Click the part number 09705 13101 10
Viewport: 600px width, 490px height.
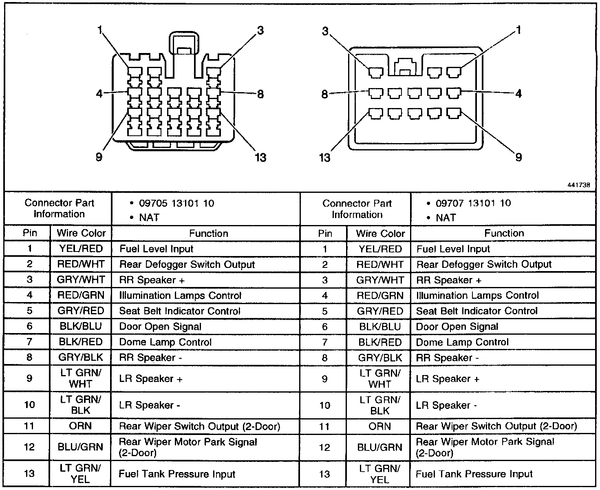(176, 203)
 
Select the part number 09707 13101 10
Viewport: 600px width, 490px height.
(473, 203)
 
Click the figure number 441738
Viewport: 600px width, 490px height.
(578, 184)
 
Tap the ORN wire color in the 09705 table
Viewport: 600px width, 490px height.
(81, 426)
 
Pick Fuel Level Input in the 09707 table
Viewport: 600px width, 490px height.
(453, 249)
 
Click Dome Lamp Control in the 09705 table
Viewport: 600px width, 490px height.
(165, 342)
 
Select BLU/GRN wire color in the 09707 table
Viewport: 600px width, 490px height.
(380, 447)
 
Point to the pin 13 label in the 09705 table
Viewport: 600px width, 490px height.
(29, 474)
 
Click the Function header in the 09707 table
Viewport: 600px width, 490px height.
(504, 233)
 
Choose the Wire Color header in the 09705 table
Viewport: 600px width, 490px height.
(81, 233)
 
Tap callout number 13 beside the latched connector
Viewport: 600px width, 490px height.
(260, 157)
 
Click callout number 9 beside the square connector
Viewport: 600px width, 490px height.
(518, 157)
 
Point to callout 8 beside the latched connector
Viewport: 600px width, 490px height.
(260, 94)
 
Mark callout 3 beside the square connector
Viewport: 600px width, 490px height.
(325, 31)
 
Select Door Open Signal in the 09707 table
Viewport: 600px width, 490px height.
(457, 327)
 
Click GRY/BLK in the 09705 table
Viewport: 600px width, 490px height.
(81, 358)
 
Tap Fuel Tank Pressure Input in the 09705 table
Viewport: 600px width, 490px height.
(177, 474)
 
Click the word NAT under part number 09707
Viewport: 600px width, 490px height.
(446, 218)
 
